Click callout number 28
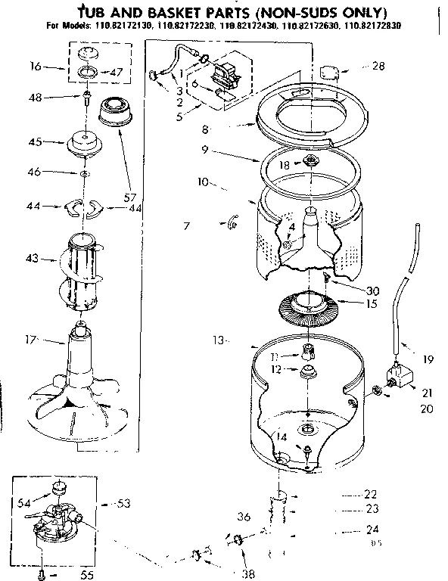(x=378, y=66)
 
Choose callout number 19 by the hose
(x=428, y=360)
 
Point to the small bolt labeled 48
(x=88, y=98)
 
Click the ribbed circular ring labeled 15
(x=312, y=308)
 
